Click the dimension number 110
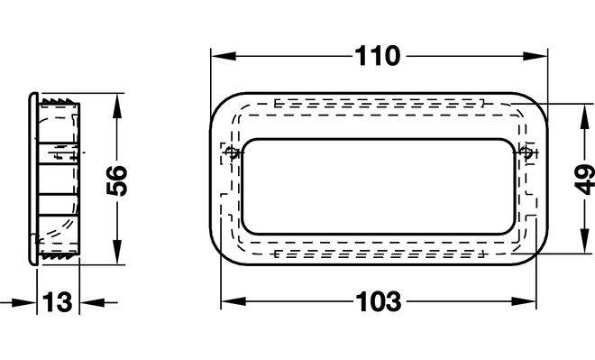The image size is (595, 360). click(x=378, y=56)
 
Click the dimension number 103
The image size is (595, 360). click(x=379, y=302)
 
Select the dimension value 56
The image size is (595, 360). click(x=117, y=180)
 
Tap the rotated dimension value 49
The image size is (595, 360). click(x=585, y=180)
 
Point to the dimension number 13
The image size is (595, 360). click(x=58, y=302)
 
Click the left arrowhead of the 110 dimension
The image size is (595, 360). click(x=224, y=56)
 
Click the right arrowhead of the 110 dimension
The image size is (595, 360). click(x=535, y=56)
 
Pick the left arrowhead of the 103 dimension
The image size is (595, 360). click(x=233, y=302)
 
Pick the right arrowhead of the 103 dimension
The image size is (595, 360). click(x=524, y=302)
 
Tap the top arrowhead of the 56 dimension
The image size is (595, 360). click(x=117, y=106)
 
